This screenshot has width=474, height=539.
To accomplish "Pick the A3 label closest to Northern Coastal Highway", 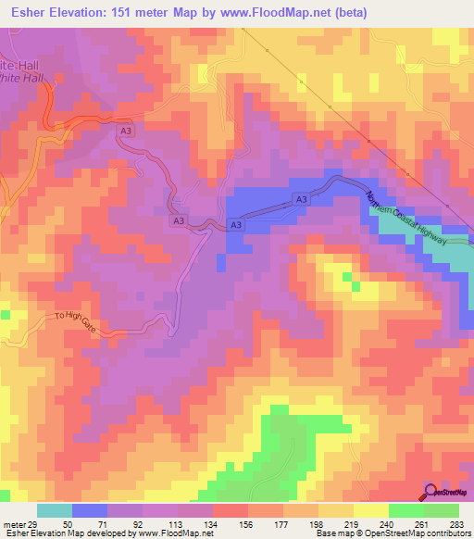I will (x=301, y=199).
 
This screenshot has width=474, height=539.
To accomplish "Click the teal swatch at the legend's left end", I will (x=54, y=510).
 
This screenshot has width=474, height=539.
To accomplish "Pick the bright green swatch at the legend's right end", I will (x=442, y=510).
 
